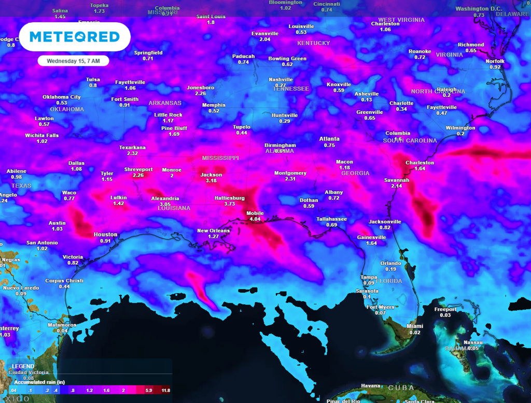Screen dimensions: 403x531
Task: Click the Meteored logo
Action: point(74,37)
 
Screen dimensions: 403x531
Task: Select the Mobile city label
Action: point(255,213)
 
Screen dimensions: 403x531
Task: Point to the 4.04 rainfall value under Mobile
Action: point(255,219)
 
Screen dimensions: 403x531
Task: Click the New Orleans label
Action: point(213,231)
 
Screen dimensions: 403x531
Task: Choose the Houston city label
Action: point(105,235)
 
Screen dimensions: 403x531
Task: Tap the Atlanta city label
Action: point(329,139)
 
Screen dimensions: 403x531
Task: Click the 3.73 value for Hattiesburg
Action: point(230,204)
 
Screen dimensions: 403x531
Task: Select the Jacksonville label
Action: point(385,222)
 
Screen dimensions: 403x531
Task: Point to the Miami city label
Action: point(415,326)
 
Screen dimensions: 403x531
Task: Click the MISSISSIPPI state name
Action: point(220,157)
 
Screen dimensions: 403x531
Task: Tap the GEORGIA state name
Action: point(355,173)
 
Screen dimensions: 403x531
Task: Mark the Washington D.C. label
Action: point(479,9)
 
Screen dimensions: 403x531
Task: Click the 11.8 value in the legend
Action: point(165,391)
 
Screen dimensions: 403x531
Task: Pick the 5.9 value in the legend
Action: point(149,391)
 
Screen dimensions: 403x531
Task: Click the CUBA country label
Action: point(402,388)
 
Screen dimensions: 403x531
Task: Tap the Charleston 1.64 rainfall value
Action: point(420,169)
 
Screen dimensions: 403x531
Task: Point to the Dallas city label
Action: point(76,163)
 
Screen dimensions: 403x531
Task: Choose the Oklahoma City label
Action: point(62,97)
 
